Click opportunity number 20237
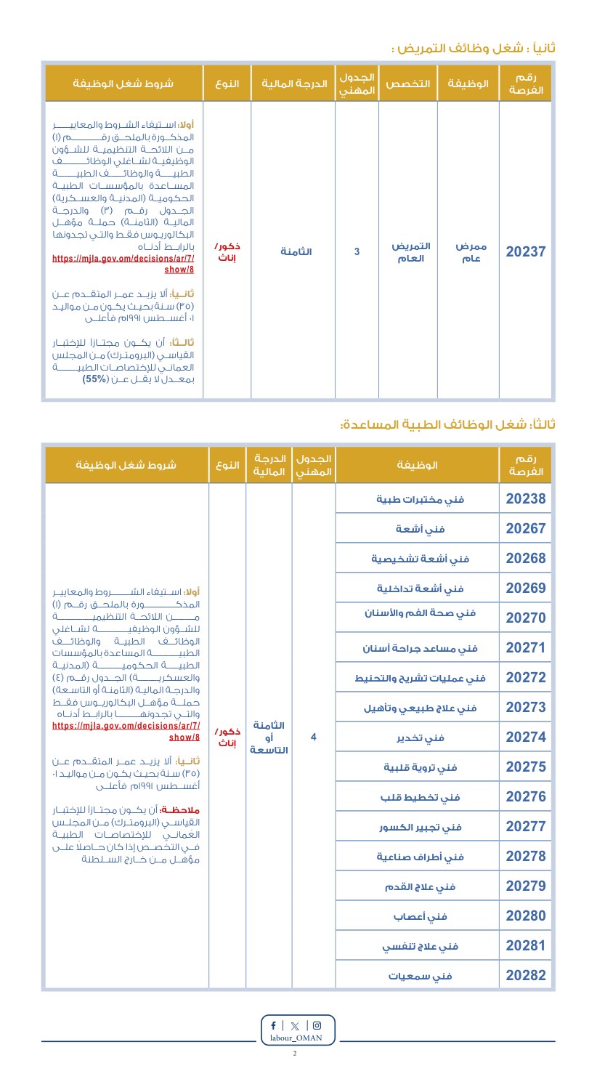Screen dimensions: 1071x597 point(525,252)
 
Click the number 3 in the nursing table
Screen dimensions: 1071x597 point(357,252)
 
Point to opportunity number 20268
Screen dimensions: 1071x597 point(525,559)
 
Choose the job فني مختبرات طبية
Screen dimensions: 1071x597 point(421,499)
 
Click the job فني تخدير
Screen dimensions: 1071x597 point(421,737)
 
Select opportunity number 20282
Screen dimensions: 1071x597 point(525,975)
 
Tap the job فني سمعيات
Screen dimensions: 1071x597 point(421,976)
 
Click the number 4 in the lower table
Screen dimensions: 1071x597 point(313,737)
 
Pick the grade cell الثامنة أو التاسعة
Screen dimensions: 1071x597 point(269,737)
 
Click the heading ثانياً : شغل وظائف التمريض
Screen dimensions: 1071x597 point(474,48)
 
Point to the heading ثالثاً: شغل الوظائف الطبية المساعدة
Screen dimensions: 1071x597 point(447,424)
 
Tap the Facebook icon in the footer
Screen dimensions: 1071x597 point(273,1026)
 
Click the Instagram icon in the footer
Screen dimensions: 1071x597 point(317,1026)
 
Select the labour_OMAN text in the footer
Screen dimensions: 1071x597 point(295,1039)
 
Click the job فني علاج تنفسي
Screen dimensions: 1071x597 point(421,946)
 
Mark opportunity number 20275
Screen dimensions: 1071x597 point(525,767)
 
